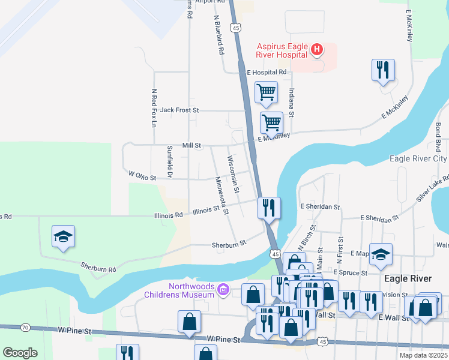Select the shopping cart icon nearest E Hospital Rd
(x=266, y=92)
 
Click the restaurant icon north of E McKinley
(x=382, y=70)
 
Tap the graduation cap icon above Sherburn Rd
(x=63, y=236)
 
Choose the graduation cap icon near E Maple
(x=381, y=254)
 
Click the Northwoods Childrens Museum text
(x=179, y=290)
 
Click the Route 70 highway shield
(x=25, y=327)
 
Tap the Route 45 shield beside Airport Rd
(x=237, y=28)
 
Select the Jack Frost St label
(x=179, y=110)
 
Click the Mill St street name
(x=191, y=145)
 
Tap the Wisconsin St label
(x=233, y=175)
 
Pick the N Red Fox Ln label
(x=154, y=108)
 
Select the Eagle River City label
(x=418, y=158)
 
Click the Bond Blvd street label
(x=438, y=137)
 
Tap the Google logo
(x=20, y=353)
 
